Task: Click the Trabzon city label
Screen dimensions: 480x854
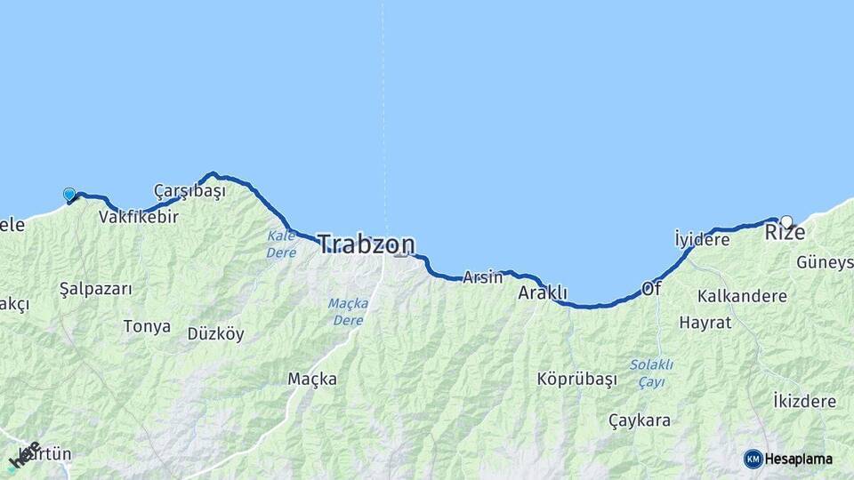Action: [366, 244]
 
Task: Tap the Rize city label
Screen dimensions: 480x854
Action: [785, 233]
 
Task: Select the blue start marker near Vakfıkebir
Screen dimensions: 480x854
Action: [69, 194]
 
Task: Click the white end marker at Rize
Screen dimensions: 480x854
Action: [786, 221]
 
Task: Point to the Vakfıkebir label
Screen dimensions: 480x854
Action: [139, 217]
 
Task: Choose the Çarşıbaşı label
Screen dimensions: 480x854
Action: [189, 191]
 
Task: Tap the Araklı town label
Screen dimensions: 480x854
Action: [543, 292]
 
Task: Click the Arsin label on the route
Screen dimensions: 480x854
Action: [482, 277]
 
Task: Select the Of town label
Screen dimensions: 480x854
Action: [651, 289]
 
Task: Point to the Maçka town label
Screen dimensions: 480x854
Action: [312, 379]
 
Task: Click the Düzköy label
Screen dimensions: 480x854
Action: [215, 334]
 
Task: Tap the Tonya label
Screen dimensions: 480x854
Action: [147, 326]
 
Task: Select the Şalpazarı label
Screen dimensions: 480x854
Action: [95, 289]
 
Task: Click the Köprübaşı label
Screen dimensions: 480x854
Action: [576, 379]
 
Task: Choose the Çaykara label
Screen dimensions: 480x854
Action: [640, 420]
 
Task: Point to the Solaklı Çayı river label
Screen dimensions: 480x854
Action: [651, 373]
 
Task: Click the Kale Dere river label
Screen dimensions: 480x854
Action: [281, 244]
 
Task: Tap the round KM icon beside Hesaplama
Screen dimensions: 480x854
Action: [753, 459]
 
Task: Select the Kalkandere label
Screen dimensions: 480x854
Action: [742, 296]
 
